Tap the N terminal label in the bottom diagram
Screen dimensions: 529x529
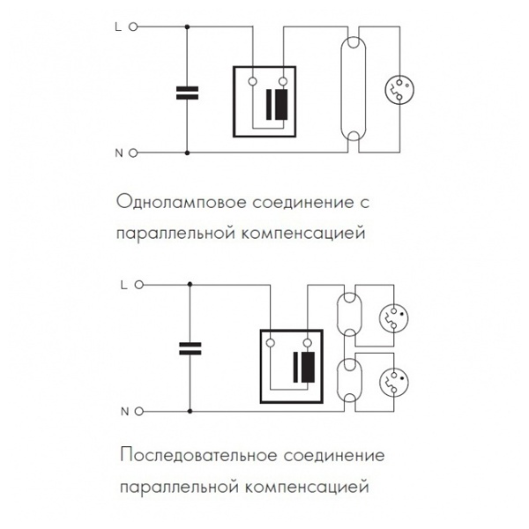point(123,411)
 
